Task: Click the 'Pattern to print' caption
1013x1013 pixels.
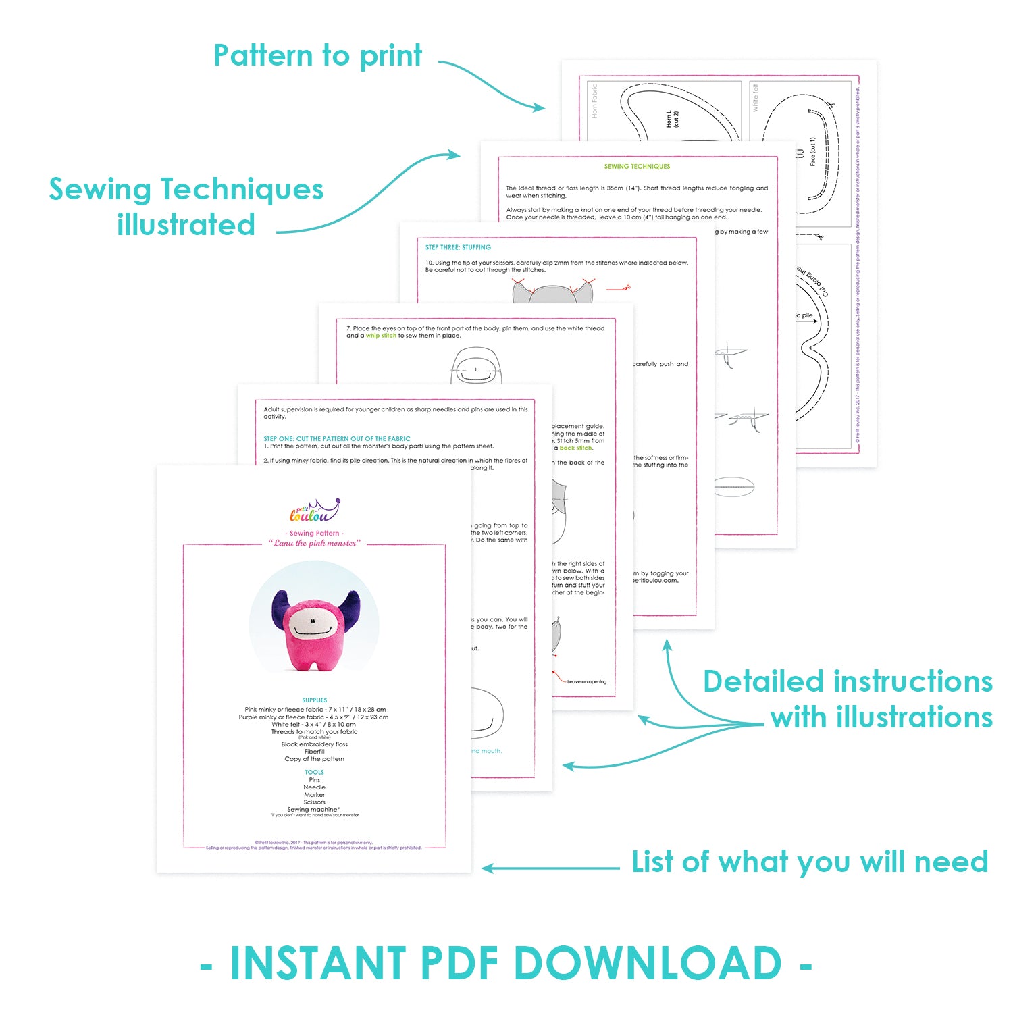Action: (x=317, y=56)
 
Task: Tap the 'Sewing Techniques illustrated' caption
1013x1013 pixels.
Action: (x=186, y=207)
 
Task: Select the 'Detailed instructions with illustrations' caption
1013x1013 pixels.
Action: (x=848, y=699)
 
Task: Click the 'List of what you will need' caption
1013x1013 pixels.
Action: (x=810, y=862)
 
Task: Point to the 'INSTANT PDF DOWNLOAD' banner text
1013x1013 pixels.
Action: (x=506, y=963)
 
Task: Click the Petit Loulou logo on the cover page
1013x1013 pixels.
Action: (x=314, y=511)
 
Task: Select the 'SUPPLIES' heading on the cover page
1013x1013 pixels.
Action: (x=315, y=700)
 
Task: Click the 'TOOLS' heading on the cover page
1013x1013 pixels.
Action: (x=315, y=772)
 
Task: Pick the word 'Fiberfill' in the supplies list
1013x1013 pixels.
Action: (x=315, y=752)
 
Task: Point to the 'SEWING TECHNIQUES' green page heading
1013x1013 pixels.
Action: (x=637, y=166)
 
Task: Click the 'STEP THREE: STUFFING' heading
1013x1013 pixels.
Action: (x=458, y=247)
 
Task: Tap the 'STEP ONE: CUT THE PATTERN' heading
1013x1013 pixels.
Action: (x=337, y=438)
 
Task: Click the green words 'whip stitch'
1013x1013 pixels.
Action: (x=381, y=336)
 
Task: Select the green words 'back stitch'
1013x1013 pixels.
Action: (x=575, y=448)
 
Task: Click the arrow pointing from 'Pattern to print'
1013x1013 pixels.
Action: (x=493, y=84)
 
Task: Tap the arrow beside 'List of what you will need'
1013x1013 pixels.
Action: (x=550, y=868)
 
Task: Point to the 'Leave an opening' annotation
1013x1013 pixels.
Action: (x=586, y=681)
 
